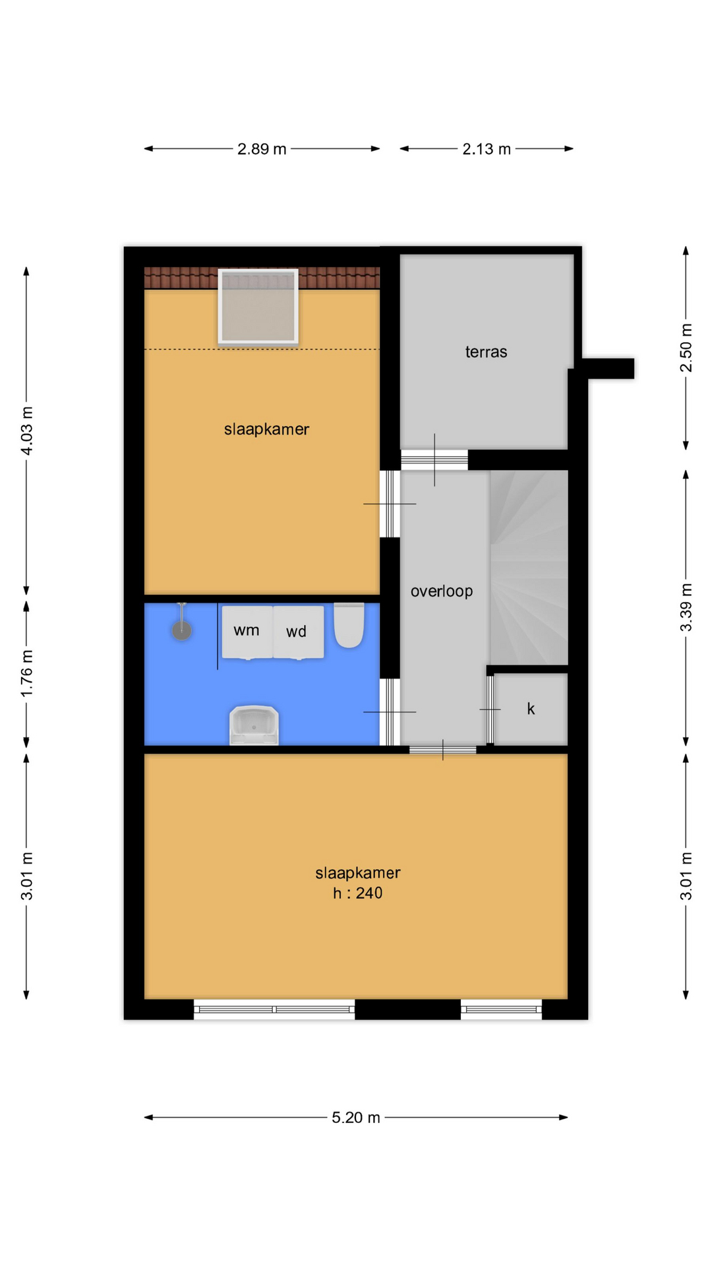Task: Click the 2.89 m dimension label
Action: coord(262,149)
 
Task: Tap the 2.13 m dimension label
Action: coord(487,149)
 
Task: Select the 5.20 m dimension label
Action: coord(356,1118)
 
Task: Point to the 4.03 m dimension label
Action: coord(27,431)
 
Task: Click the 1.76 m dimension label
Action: coord(27,673)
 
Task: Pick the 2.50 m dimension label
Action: coord(686,347)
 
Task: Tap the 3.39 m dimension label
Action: coord(686,607)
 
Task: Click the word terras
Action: coord(487,352)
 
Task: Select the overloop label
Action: coord(442,591)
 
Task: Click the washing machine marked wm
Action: coord(247,632)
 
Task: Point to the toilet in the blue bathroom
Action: coord(349,625)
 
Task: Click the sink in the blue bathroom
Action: coord(254,725)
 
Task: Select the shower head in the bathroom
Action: coord(182,630)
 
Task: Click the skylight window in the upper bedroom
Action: coord(258,307)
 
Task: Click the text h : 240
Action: coord(357,893)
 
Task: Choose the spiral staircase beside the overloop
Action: coord(529,567)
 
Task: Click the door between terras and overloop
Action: coord(434,460)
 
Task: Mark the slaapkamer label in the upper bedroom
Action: coord(266,430)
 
